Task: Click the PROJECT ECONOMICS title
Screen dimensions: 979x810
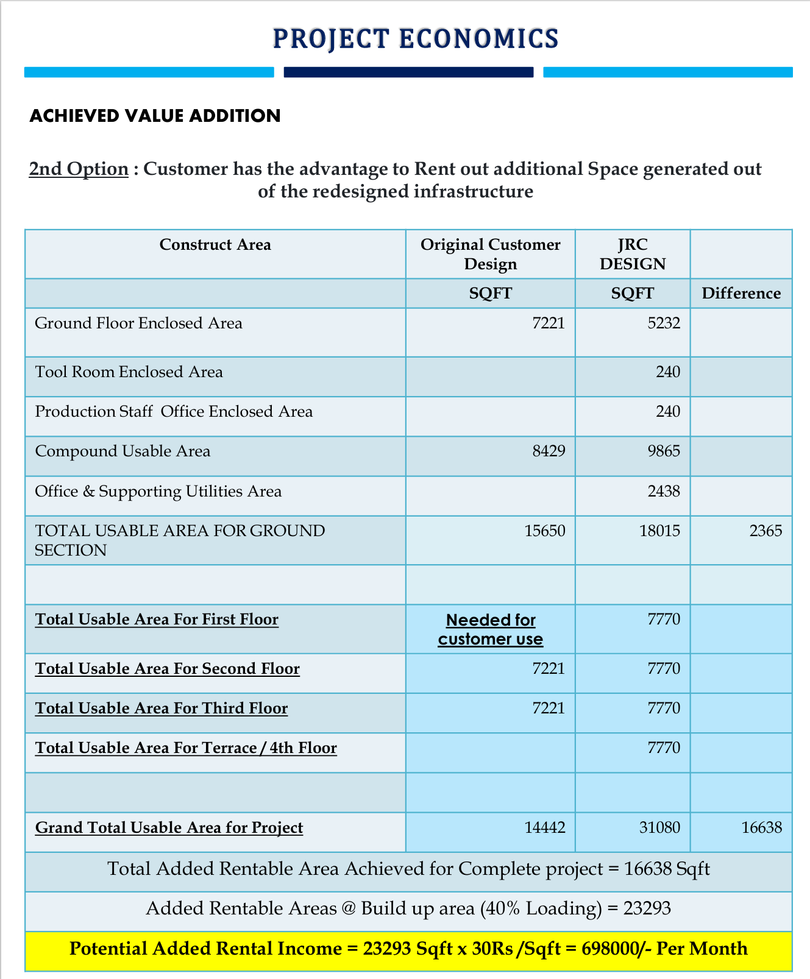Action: click(x=415, y=38)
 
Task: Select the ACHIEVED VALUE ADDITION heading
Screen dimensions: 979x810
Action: click(x=155, y=116)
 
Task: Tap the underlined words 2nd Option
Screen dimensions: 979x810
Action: click(x=79, y=169)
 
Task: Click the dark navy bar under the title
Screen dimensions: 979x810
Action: click(x=408, y=72)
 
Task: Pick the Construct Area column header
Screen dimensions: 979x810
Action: click(x=215, y=245)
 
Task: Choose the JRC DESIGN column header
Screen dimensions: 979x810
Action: click(x=633, y=254)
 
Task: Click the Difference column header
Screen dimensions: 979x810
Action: click(x=741, y=294)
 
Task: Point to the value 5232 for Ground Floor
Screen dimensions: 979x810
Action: click(x=664, y=323)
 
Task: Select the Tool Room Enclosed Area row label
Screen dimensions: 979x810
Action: click(x=129, y=372)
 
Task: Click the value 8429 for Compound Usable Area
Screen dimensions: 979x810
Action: click(x=549, y=451)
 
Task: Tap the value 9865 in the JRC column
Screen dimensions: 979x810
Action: click(x=664, y=451)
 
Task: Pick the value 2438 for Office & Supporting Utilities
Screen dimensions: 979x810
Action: click(x=664, y=492)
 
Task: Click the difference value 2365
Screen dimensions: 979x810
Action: click(x=766, y=531)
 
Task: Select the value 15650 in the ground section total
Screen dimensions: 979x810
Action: click(x=545, y=531)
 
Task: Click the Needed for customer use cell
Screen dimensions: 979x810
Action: click(x=491, y=629)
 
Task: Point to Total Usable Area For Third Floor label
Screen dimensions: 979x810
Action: click(x=162, y=709)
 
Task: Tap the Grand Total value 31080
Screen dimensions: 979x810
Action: click(x=660, y=828)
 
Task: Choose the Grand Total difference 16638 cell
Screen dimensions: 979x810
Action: click(x=762, y=828)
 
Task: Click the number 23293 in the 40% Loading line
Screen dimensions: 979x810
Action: click(x=647, y=909)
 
